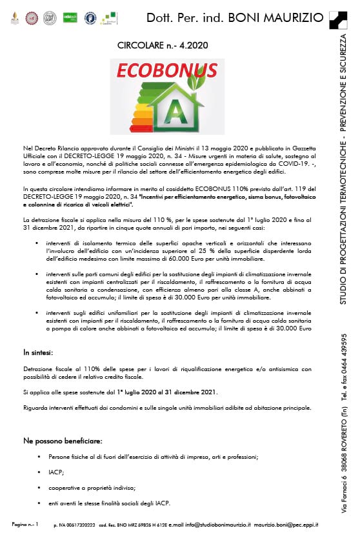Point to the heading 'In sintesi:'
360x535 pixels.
[39, 352]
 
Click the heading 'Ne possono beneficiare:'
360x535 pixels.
[62, 440]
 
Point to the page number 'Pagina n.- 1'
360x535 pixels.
[25, 524]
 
